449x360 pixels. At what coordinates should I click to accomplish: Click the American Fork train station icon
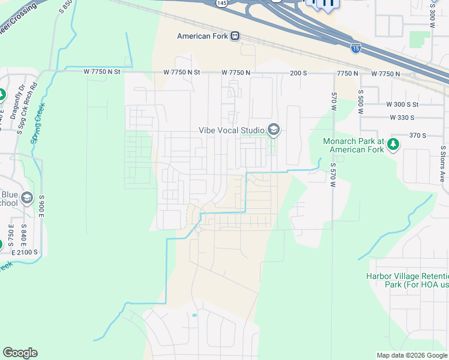coord(235,36)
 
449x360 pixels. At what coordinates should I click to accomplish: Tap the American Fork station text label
coord(203,36)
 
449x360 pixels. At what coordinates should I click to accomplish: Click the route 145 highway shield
coord(223,3)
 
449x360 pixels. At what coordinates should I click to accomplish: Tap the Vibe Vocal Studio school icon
coord(274,130)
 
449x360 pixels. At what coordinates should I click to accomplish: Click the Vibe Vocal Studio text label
coord(232,130)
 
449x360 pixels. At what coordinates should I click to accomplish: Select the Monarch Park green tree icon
coord(393,144)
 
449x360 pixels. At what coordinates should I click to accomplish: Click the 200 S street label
coord(298,73)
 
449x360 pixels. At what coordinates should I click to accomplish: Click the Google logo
coord(20,353)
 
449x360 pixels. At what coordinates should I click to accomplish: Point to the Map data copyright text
coord(411,355)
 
